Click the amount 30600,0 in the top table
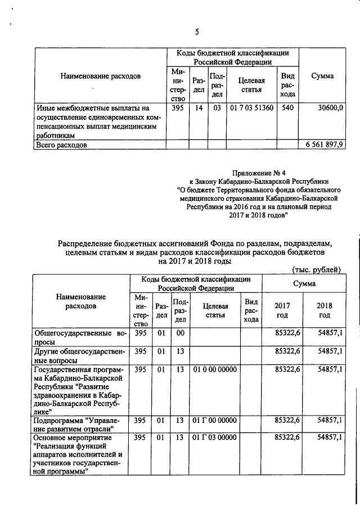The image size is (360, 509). pos(330,107)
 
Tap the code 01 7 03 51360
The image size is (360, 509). pos(251,107)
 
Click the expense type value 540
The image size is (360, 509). pos(287,107)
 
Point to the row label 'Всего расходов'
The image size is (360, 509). pos(61,145)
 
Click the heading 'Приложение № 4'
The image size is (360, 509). pos(259,173)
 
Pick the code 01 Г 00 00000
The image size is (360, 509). pos(214,420)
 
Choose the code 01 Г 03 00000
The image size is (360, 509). pos(214,437)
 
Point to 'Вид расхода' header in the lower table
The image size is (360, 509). pos(251,310)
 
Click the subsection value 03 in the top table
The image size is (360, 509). pos(217,107)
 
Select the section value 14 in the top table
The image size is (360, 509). pos(199,107)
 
